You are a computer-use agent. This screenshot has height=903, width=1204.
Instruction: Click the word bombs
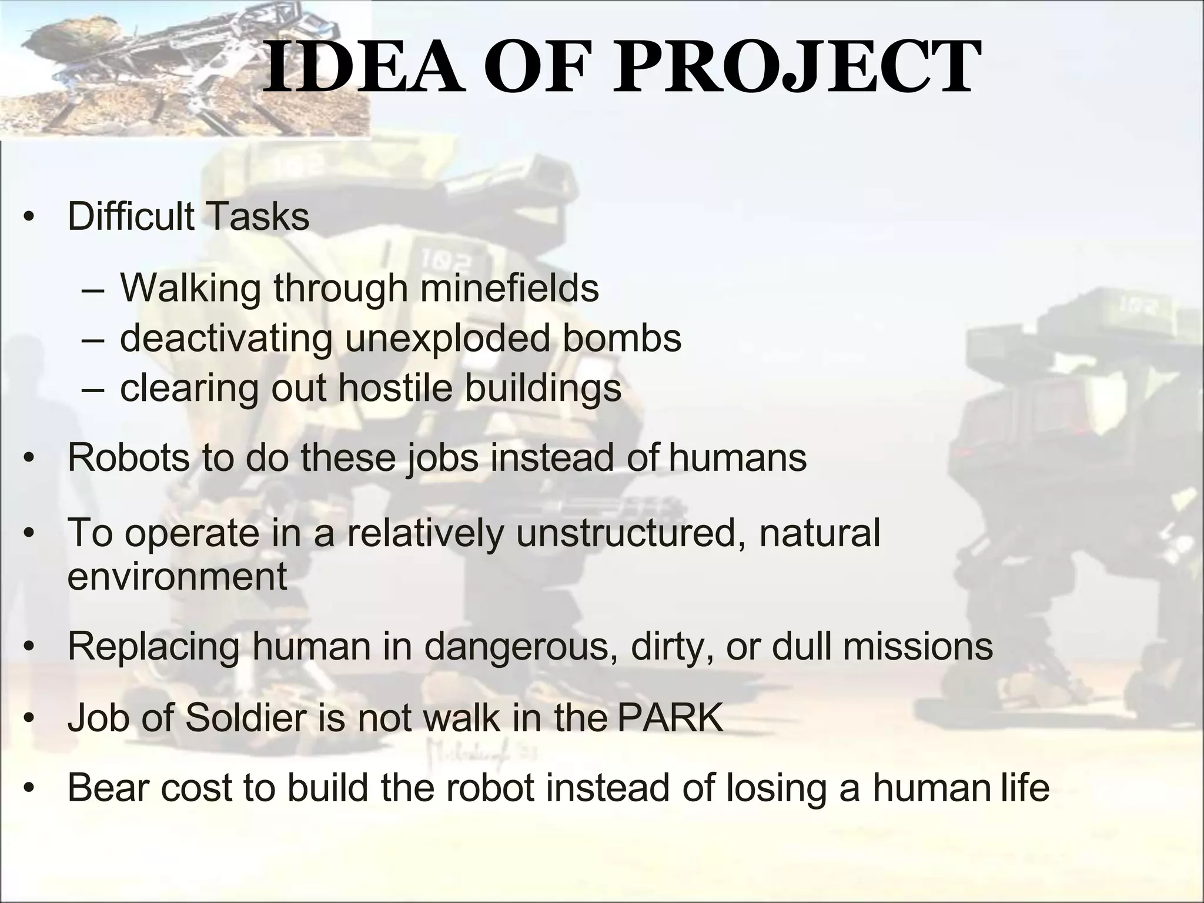622,338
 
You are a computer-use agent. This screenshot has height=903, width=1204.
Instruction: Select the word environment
177,576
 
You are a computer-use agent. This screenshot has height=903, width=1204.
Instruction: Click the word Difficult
131,216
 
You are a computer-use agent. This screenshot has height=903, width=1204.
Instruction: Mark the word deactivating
226,338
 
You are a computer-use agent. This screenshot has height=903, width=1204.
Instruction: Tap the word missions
918,646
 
